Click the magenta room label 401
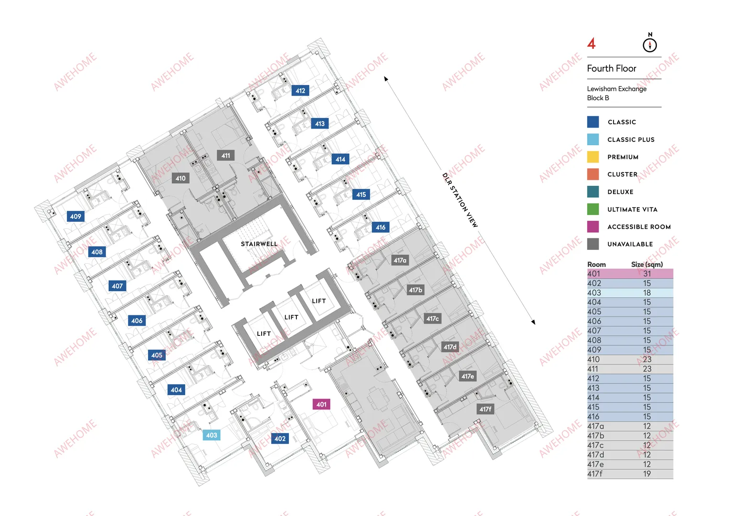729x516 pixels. click(x=321, y=404)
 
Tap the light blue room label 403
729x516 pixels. click(x=211, y=435)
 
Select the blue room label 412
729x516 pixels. click(x=300, y=91)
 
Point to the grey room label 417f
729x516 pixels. click(x=485, y=409)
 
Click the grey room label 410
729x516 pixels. click(x=180, y=178)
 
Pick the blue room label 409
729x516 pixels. click(x=75, y=216)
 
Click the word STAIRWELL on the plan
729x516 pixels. click(x=259, y=244)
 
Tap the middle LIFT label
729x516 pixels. click(x=291, y=317)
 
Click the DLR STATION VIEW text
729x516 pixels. click(x=460, y=200)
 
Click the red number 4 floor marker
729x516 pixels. click(x=592, y=43)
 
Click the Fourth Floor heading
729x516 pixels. click(x=612, y=68)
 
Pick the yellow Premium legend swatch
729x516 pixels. click(x=593, y=157)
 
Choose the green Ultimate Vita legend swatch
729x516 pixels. click(x=593, y=209)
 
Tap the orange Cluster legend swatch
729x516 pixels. click(x=593, y=174)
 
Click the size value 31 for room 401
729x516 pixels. click(x=647, y=274)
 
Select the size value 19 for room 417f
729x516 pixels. click(x=647, y=473)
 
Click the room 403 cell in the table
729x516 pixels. click(x=594, y=293)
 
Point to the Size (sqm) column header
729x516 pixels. click(x=647, y=264)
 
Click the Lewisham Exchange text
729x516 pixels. click(x=617, y=88)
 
